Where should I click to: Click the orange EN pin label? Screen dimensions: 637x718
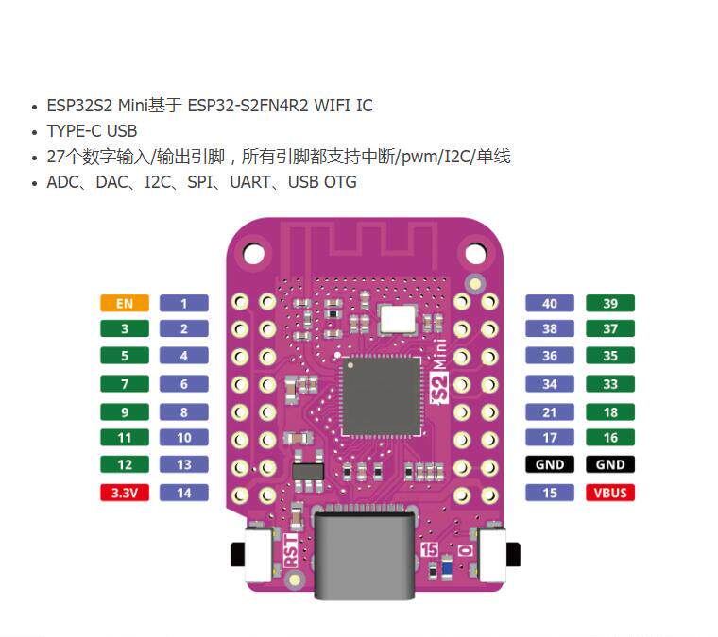[x=125, y=303]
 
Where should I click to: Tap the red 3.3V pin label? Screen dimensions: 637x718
[x=125, y=493]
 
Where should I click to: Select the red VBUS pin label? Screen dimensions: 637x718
[x=609, y=493]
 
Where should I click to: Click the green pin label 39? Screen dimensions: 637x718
[x=609, y=303]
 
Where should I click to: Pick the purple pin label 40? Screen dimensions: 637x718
[x=550, y=303]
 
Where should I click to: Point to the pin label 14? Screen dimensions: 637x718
[x=184, y=493]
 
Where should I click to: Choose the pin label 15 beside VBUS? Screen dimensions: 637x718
[x=550, y=493]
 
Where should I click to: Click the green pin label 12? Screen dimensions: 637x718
[x=125, y=464]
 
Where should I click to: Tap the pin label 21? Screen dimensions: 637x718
[x=550, y=412]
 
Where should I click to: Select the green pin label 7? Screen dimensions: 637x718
[x=125, y=384]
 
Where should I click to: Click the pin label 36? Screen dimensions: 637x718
[x=550, y=356]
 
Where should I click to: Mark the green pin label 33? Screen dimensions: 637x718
[x=609, y=384]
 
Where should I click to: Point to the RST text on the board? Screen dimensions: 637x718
[x=291, y=551]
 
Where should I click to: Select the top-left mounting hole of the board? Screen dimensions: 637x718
[x=254, y=252]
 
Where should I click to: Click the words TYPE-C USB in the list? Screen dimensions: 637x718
[x=92, y=130]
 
